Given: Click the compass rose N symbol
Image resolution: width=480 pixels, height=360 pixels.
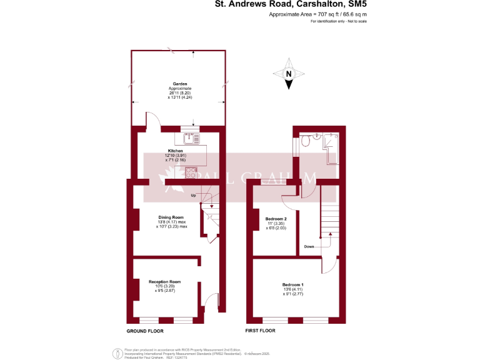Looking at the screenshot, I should (288, 74).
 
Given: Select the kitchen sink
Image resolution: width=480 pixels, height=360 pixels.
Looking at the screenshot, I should (189, 137).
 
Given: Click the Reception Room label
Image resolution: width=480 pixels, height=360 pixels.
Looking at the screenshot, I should (164, 282).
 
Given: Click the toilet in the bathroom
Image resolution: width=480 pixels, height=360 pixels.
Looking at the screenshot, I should (305, 141).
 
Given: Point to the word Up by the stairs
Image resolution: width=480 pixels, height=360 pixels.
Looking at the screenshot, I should (193, 195).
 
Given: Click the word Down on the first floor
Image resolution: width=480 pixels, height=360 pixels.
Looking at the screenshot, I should (309, 246).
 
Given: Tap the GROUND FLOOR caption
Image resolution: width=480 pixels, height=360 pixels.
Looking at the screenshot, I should (145, 330).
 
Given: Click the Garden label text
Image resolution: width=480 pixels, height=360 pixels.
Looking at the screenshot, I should (180, 84).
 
